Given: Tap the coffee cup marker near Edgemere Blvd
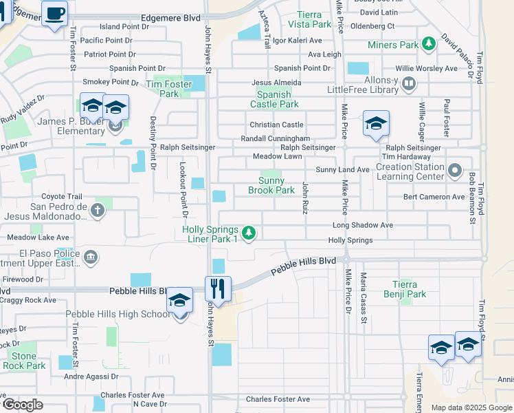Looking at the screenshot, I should pyautogui.click(x=54, y=12).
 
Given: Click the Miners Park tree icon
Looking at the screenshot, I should pyautogui.click(x=429, y=45).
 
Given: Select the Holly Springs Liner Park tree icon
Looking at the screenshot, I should pyautogui.click(x=249, y=234).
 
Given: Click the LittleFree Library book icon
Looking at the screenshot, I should pyautogui.click(x=409, y=84).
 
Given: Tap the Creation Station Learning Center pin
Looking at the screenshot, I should pyautogui.click(x=454, y=170).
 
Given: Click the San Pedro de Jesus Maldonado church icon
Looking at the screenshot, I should pyautogui.click(x=98, y=210).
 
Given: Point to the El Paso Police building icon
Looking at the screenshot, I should pyautogui.click(x=91, y=258).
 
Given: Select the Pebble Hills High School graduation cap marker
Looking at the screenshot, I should pyautogui.click(x=180, y=301).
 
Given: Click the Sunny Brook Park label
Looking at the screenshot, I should pyautogui.click(x=271, y=186).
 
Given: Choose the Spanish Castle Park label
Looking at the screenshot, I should pyautogui.click(x=278, y=99).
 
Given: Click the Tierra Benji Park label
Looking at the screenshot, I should pyautogui.click(x=410, y=289).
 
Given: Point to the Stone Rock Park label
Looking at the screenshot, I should pyautogui.click(x=23, y=361).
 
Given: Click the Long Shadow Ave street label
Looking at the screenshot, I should pyautogui.click(x=362, y=225).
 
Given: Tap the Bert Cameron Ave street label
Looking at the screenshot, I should pyautogui.click(x=434, y=197).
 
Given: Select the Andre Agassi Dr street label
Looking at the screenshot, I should pyautogui.click(x=91, y=377).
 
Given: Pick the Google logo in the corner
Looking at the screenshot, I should pyautogui.click(x=22, y=405).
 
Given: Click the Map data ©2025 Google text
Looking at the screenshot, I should pyautogui.click(x=471, y=407).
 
